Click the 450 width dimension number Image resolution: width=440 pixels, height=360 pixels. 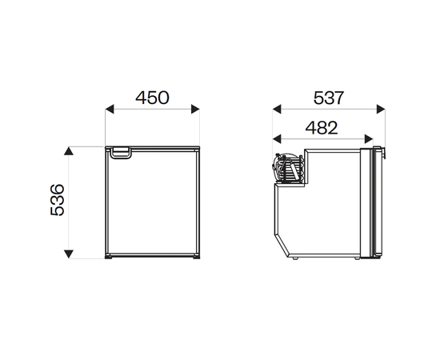pos(152,98)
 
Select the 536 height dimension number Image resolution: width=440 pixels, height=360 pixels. pos(58,200)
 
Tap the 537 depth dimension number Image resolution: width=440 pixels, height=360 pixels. pos(328,98)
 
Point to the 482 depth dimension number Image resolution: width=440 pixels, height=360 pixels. pos(322,128)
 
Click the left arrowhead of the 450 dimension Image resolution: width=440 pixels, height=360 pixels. pos(110,109)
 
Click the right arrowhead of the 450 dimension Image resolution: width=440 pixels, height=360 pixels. pos(195,109)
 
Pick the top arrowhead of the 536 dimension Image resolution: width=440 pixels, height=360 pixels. pos(69,151)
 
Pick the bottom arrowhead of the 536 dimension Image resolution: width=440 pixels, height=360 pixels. pos(69,254)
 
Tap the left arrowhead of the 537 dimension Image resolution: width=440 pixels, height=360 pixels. pos(277,109)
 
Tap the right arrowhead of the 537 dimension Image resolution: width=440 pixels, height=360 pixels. pos(381,109)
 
